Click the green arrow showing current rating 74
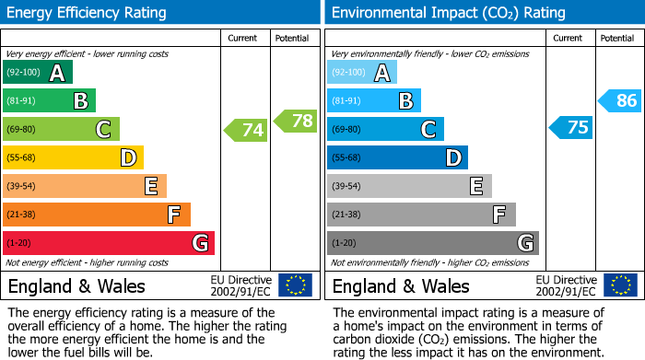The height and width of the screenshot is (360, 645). [246, 130]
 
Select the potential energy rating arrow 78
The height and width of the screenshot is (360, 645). [294, 121]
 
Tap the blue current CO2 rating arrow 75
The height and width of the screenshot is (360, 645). [571, 127]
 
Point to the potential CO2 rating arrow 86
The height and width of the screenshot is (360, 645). [620, 100]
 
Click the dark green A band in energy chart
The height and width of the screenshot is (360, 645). [38, 73]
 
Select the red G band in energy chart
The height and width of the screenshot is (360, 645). [109, 243]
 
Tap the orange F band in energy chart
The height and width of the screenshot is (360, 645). [97, 215]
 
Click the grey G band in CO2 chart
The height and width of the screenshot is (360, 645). [433, 243]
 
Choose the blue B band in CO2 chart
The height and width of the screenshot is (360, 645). [374, 100]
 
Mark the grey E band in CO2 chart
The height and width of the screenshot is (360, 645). [410, 186]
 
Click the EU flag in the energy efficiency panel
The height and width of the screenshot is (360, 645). [295, 285]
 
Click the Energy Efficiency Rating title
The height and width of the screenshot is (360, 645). [88, 13]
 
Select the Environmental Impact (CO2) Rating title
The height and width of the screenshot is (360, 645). [448, 13]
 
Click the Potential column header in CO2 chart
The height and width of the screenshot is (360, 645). [616, 38]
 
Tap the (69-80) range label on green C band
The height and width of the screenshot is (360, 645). [21, 130]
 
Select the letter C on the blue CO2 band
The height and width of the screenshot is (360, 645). [428, 130]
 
